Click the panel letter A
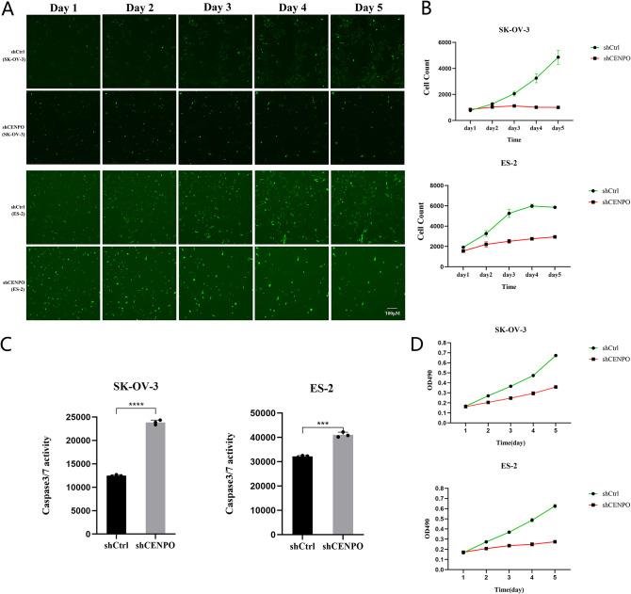point(8,9)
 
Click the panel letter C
point(8,345)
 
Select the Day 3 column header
point(216,8)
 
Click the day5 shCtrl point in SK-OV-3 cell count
point(558,57)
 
